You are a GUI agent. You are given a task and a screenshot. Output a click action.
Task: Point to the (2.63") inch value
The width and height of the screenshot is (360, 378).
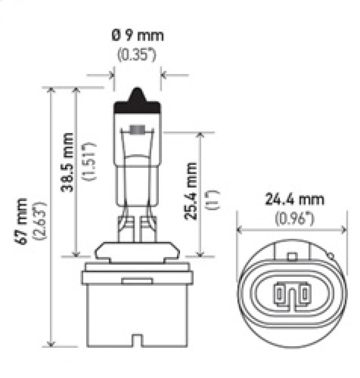[x=41, y=220]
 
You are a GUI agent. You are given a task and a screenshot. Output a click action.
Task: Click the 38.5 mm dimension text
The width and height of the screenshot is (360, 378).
[x=67, y=162]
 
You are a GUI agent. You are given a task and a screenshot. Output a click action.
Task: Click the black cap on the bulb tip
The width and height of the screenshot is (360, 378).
[x=138, y=103]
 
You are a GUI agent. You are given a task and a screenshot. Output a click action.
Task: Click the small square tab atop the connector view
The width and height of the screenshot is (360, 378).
[x=292, y=257]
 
